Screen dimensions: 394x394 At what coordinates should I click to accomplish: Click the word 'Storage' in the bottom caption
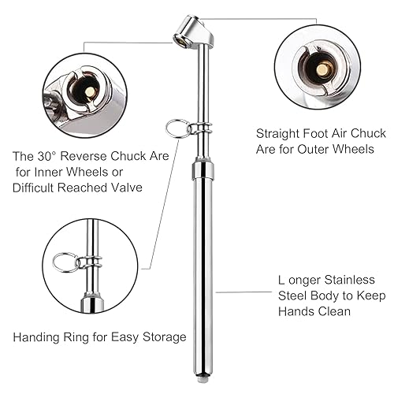tap(164, 337)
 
